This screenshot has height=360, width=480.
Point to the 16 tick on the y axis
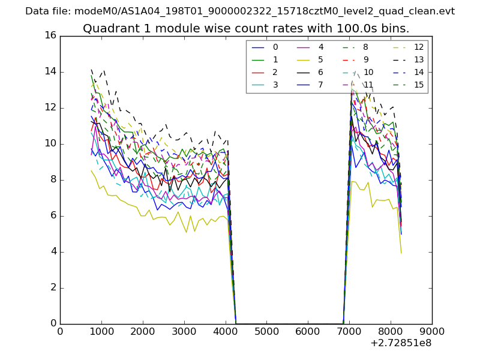coord(50,36)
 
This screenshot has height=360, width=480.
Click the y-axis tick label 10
coord(50,144)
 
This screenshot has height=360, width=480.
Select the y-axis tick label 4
coord(53,252)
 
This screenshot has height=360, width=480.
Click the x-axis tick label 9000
coord(432,331)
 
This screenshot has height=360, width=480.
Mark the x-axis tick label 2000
coord(143,331)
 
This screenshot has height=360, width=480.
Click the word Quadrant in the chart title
coord(106,28)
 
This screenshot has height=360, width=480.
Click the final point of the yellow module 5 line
coord(401,253)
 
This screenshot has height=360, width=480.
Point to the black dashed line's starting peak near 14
coord(91,70)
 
